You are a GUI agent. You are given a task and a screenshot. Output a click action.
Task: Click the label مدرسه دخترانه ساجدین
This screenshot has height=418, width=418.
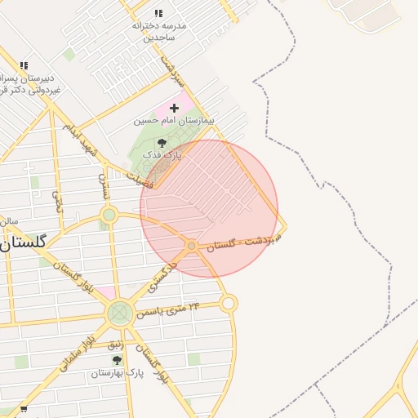click(159, 31)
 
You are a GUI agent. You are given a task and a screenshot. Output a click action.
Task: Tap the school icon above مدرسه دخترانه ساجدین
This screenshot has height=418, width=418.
click(158, 14)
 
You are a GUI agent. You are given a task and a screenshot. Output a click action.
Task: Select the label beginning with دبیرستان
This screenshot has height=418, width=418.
click(31, 84)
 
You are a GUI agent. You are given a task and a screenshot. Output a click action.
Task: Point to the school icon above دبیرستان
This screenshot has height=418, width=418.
click(24, 65)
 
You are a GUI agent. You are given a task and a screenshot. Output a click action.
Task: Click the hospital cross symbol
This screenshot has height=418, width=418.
click(174, 108)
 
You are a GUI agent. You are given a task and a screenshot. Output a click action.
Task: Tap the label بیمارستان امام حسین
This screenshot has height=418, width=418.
click(173, 121)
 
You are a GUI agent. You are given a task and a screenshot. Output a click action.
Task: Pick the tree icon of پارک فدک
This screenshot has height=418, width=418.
click(162, 142)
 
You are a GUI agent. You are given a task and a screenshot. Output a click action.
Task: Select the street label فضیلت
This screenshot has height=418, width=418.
click(140, 177)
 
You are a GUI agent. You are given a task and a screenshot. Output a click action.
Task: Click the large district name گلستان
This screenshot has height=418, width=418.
click(24, 242)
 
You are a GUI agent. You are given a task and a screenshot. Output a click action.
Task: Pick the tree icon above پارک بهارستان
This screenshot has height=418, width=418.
click(117, 360)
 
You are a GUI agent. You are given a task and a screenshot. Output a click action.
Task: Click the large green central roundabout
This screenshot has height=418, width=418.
click(120, 313)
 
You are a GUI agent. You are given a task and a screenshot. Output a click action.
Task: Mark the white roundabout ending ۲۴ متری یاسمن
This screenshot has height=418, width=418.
click(229, 304)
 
